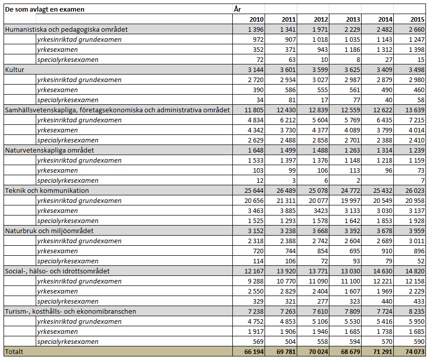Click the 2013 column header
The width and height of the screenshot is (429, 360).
[354, 19]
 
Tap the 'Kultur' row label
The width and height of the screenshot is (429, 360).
[15, 69]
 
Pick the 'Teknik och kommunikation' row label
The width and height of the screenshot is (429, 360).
[47, 190]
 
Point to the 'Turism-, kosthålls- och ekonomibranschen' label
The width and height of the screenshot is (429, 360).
[70, 311]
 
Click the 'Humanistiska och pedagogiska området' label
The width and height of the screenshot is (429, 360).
[66, 29]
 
